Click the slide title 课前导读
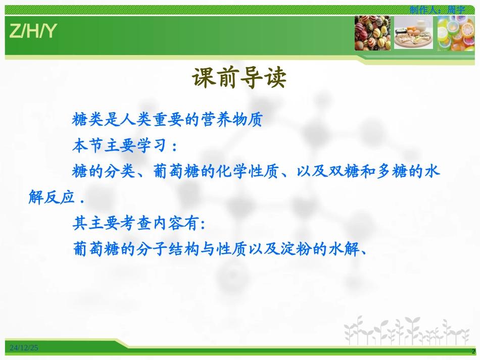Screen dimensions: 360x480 coord(239,78)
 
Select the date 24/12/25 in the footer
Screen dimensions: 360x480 coord(24,347)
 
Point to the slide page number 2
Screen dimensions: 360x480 coord(473,351)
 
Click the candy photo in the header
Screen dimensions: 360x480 coord(372,33)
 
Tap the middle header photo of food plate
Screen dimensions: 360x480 coord(413,33)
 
